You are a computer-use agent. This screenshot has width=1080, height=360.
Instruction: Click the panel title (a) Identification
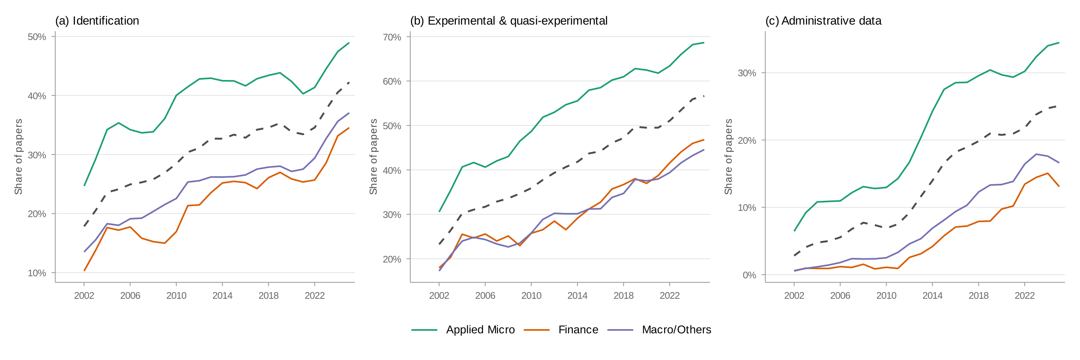[97, 20]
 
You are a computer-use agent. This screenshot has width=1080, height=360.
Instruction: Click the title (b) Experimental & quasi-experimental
[508, 20]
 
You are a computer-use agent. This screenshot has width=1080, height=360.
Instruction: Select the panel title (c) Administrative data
[823, 20]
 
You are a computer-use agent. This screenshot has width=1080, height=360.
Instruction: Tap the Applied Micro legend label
[480, 330]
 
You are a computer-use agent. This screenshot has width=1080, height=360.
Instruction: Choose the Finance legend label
[578, 330]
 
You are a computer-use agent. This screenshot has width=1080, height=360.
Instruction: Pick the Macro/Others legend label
[676, 330]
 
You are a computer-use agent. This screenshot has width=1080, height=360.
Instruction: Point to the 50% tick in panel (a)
[37, 37]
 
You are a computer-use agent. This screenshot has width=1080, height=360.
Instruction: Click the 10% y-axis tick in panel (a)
[37, 273]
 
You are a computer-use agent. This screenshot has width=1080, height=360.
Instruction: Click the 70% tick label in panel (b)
[392, 37]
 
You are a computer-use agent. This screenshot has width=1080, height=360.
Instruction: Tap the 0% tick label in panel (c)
[749, 275]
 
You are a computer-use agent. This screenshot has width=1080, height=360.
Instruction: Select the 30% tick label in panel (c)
[747, 73]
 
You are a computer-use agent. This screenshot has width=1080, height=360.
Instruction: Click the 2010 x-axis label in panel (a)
[176, 296]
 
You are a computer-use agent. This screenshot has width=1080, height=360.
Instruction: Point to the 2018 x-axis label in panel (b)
[623, 296]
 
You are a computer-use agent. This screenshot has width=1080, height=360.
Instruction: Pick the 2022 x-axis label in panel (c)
[1024, 296]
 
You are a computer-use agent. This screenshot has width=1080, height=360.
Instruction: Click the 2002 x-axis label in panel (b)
[439, 296]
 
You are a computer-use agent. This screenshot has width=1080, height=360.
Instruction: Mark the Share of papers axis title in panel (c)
[728, 157]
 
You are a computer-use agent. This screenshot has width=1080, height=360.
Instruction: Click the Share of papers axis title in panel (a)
[18, 157]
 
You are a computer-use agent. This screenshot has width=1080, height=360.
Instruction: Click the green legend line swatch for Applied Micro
[424, 330]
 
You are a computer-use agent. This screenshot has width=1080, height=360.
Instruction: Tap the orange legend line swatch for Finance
[536, 330]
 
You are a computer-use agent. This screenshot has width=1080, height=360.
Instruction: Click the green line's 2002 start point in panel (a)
[84, 186]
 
